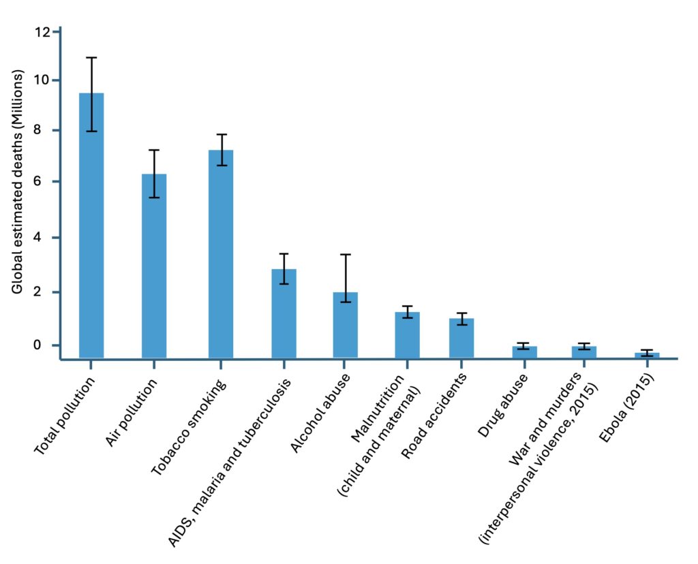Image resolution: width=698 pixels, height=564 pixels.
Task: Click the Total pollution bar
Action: tap(91, 225)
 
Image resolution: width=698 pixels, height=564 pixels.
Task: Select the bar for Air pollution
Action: tap(154, 266)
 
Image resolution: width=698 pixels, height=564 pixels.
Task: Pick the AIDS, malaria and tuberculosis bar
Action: tap(284, 313)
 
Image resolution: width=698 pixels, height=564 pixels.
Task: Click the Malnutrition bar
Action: tap(408, 334)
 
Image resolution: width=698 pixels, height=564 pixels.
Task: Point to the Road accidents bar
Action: tap(461, 338)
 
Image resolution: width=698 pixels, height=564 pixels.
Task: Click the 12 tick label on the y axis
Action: tap(43, 32)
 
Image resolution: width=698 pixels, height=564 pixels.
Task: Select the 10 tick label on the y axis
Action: tap(43, 80)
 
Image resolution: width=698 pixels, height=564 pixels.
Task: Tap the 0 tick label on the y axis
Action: tap(46, 345)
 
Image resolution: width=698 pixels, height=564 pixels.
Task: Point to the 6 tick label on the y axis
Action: tap(46, 182)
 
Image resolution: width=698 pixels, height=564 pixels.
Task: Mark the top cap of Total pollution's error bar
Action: tap(91, 58)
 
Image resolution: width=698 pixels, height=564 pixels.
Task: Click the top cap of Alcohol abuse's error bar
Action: tap(346, 255)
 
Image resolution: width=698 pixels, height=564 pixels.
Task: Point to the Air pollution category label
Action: tap(132, 413)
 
